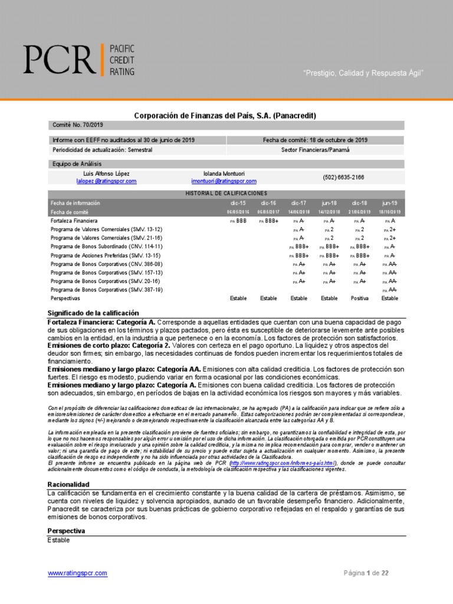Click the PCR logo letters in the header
click(x=58, y=59)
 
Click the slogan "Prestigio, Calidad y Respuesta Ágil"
click(x=363, y=73)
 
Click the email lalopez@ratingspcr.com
click(x=107, y=181)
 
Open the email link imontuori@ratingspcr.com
click(x=224, y=181)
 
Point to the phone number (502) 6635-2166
click(x=343, y=177)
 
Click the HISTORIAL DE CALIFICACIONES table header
click(x=226, y=193)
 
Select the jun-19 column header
click(x=389, y=203)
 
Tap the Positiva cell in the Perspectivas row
click(x=359, y=298)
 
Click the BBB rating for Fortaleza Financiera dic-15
click(x=241, y=220)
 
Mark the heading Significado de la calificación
click(x=93, y=313)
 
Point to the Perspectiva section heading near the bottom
click(x=66, y=531)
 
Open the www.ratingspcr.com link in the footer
click(x=77, y=573)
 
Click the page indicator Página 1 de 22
click(x=366, y=573)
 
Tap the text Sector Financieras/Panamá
click(x=315, y=150)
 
